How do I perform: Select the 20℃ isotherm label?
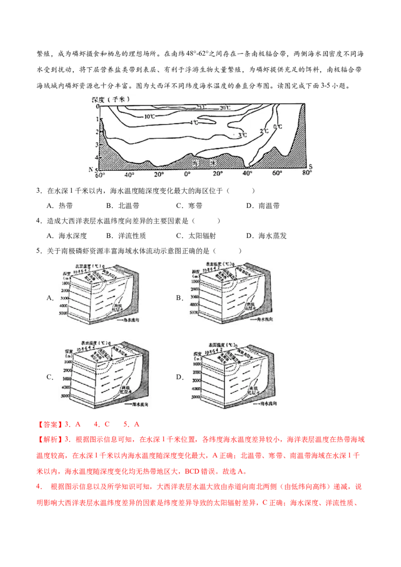225,108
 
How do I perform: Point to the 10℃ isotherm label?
149,116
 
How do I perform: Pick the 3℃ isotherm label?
243,135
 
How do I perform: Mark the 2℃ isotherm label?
264,131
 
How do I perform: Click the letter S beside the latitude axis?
311,166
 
